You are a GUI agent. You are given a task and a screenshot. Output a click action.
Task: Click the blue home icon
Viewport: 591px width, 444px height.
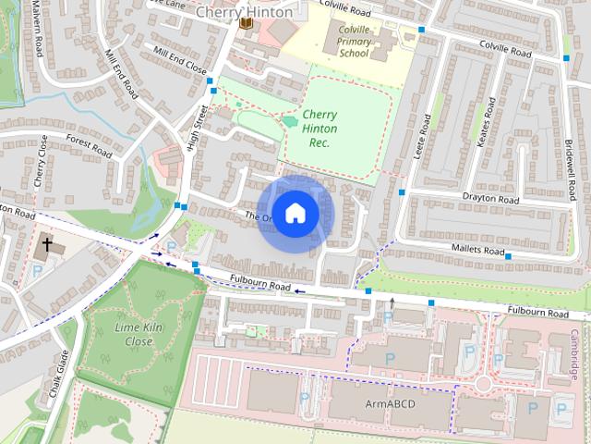295,214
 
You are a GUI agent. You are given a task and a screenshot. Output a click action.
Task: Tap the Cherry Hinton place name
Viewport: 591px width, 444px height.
244,12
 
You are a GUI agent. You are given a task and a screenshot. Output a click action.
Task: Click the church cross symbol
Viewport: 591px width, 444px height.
47,247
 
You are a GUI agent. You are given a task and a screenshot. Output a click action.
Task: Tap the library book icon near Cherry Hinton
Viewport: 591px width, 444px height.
246,23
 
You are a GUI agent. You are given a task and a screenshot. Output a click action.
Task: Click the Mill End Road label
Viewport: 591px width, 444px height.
121,74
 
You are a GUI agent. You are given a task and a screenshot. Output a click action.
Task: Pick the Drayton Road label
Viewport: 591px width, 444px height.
490,199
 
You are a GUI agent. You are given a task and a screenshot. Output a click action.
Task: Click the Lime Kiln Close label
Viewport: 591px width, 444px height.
133,335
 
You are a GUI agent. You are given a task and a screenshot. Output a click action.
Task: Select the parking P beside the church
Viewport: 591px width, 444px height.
36,272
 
